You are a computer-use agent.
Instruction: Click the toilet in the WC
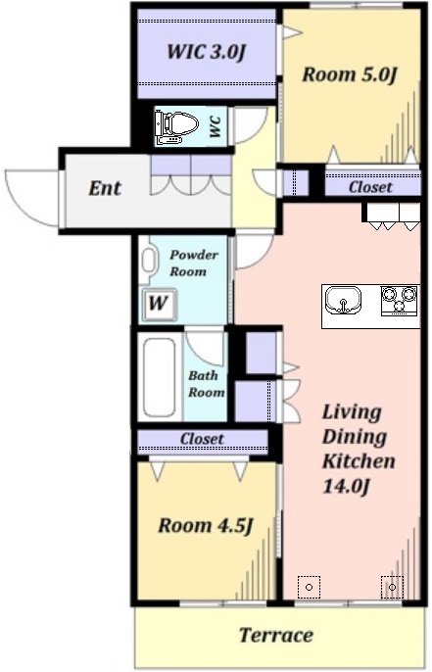[x=176, y=127]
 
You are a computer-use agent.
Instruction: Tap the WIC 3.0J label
[x=206, y=52]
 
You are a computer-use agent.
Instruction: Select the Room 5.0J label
[x=349, y=74]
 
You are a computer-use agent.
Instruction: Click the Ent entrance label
[x=105, y=188]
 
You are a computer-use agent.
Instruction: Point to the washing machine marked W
[x=159, y=305]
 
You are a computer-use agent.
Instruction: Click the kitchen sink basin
[x=343, y=301]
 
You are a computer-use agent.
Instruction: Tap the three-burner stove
[x=400, y=300]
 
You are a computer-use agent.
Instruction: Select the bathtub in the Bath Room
[x=159, y=377]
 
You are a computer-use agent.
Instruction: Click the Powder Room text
[x=194, y=264]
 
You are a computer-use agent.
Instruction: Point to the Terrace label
[x=276, y=635]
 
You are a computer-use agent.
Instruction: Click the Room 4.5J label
[x=206, y=525]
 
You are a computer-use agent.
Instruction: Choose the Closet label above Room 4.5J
[x=202, y=439]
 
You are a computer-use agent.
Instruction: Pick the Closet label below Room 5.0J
[x=370, y=187]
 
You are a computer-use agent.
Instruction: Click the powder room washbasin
[x=148, y=260]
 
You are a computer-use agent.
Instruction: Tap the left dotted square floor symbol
[x=309, y=587]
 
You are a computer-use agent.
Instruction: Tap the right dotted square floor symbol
[x=392, y=587]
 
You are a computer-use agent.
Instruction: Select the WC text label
[x=216, y=127]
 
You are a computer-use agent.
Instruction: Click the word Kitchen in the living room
[x=359, y=461]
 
